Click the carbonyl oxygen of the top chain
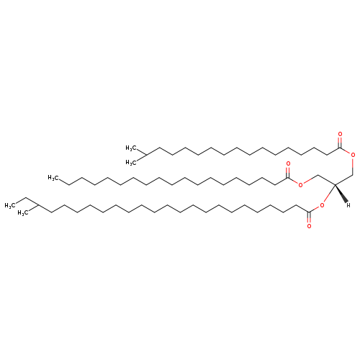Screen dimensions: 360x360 click(x=340, y=134)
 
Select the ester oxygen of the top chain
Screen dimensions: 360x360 click(x=353, y=155)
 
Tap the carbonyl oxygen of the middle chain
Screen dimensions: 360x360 click(x=288, y=164)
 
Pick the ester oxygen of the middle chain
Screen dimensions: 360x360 click(x=301, y=184)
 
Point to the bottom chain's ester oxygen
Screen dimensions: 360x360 click(x=322, y=205)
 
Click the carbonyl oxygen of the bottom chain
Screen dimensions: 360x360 click(x=309, y=226)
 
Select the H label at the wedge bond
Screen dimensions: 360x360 click(x=348, y=205)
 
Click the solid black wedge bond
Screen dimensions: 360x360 click(x=341, y=194)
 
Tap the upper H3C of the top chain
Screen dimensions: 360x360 click(x=131, y=148)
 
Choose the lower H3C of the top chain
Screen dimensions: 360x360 click(x=131, y=163)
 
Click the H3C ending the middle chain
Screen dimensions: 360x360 click(x=53, y=178)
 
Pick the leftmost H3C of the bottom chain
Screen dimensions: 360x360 click(x=10, y=206)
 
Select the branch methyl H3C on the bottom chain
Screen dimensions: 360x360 click(x=23, y=213)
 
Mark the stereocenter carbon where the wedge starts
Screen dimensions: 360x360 click(x=335, y=184)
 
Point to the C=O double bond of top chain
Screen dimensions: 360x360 click(x=340, y=142)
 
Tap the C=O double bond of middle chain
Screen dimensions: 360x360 click(x=288, y=172)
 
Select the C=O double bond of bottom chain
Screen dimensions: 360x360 click(x=309, y=218)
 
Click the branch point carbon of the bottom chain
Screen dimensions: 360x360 click(x=38, y=205)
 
